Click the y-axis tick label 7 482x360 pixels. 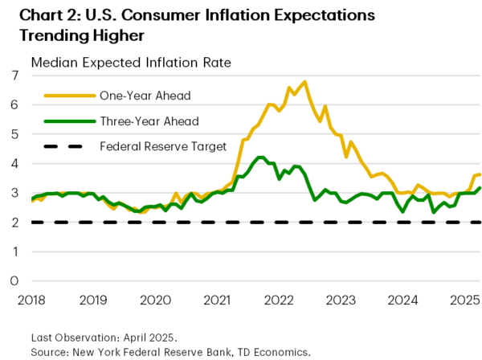[x=14, y=76]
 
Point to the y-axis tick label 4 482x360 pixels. [x=14, y=163]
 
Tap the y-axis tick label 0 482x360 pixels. [x=14, y=280]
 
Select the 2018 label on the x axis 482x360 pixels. [x=32, y=300]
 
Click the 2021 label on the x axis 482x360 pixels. [x=218, y=300]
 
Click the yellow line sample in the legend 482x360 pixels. [x=62, y=96]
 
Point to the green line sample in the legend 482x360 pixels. [x=62, y=121]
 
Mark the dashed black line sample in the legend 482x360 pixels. [x=62, y=145]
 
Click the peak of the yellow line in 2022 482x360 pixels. [x=304, y=82]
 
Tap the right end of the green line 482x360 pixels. [x=480, y=189]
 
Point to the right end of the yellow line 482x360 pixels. [x=480, y=174]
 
